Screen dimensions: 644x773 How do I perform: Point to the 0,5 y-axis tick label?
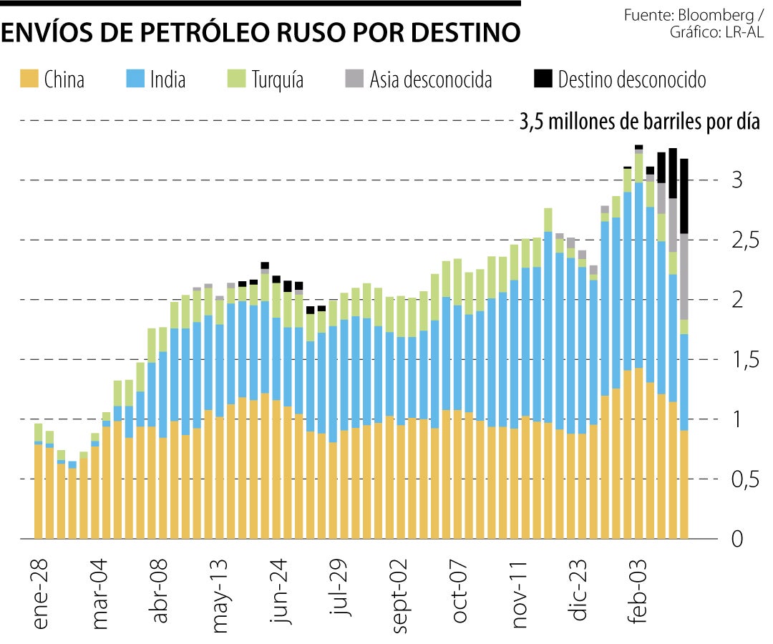click(x=744, y=479)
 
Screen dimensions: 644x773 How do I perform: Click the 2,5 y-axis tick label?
click(x=744, y=240)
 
